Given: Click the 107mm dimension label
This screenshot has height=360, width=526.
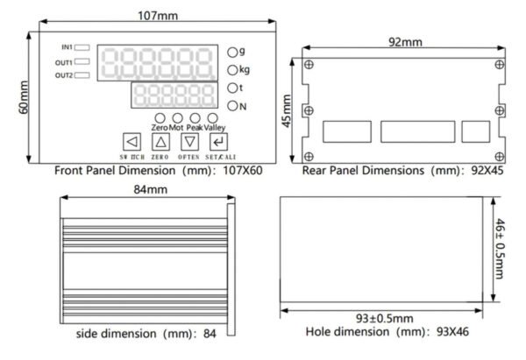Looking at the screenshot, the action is (158, 16).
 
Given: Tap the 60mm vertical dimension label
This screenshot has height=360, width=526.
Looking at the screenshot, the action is (24, 97).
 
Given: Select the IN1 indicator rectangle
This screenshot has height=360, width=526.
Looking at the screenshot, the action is (82, 47).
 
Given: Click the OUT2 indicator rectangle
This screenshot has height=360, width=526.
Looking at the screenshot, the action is (82, 75).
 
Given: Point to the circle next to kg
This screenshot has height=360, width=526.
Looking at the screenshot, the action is (232, 70).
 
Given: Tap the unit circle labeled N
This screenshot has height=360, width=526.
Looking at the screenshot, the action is (232, 106).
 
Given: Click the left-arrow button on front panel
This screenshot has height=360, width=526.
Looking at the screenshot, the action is (131, 142).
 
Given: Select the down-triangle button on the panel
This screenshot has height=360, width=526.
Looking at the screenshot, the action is (190, 142).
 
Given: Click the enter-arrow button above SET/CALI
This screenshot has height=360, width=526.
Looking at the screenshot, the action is (218, 142).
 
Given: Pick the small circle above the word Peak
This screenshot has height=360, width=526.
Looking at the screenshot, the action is (195, 118).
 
